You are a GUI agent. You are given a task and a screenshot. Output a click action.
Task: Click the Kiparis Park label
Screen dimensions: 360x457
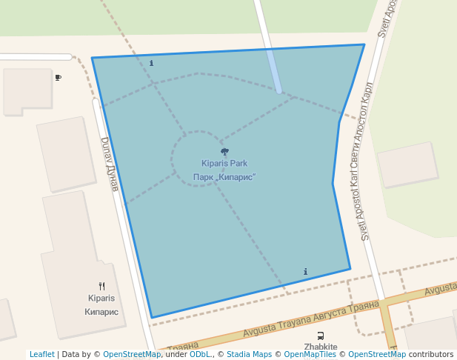click(x=224, y=163)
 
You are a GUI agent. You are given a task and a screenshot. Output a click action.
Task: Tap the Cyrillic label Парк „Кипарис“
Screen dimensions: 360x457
click(x=224, y=177)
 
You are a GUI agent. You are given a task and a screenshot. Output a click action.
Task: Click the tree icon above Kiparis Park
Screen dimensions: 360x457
click(x=224, y=152)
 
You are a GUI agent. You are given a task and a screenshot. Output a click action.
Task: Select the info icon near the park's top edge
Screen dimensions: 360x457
click(x=152, y=63)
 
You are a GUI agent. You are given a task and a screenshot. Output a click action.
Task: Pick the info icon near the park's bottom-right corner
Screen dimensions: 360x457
click(x=306, y=272)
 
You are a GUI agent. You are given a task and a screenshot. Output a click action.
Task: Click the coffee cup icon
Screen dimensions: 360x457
click(x=58, y=77)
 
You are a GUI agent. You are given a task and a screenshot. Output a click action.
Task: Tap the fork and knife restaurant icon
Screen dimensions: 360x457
click(x=101, y=286)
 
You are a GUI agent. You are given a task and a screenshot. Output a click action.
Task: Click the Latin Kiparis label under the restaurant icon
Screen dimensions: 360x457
click(x=101, y=298)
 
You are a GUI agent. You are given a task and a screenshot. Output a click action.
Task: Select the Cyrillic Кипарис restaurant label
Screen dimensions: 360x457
click(x=101, y=312)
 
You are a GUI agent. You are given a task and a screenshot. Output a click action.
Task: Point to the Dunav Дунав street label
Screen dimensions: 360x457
click(x=110, y=164)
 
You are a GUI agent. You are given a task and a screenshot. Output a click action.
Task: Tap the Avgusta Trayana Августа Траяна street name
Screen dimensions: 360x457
click(x=311, y=317)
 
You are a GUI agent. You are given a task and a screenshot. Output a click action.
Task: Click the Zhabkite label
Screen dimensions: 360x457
click(x=321, y=347)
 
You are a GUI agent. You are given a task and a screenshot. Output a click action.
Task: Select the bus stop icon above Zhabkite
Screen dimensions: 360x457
click(x=320, y=336)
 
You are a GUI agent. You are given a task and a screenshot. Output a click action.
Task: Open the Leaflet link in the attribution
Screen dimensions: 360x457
click(x=42, y=355)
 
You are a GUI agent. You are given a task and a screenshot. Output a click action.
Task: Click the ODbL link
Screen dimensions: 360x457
click(x=200, y=355)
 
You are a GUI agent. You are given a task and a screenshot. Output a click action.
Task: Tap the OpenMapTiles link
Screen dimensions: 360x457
click(x=310, y=355)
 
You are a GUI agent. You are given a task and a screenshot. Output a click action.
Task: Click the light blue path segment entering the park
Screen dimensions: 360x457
click(x=273, y=70)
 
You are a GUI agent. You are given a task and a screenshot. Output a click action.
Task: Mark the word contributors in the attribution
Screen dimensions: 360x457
click(x=431, y=355)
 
